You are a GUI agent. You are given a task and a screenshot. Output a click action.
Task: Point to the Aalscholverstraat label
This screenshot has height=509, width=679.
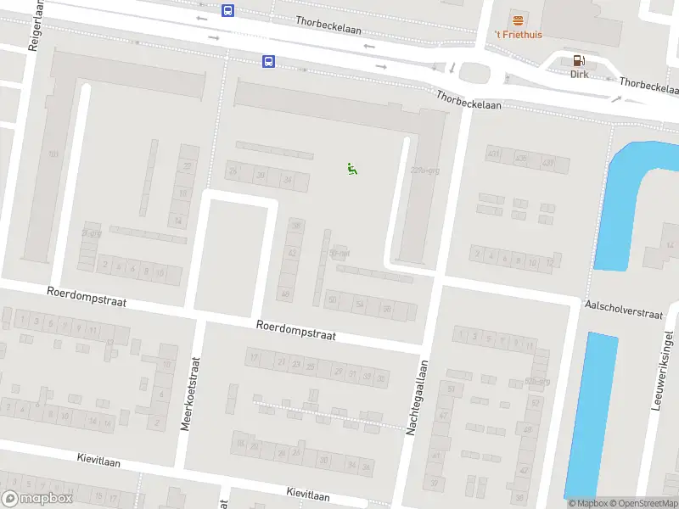click(622, 308)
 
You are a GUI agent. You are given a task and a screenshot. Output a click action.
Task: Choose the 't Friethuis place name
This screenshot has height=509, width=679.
click(519, 35)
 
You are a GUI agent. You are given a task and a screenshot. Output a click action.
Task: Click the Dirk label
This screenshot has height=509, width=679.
click(580, 74)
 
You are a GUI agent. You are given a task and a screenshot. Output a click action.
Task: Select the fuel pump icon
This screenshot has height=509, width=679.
click(580, 60)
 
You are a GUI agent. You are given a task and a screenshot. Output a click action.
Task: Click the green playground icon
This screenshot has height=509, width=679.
click(352, 169)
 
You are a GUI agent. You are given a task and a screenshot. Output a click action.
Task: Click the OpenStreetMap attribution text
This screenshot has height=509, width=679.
click(643, 504)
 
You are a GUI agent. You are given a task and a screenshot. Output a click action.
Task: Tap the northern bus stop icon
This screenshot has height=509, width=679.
click(227, 10)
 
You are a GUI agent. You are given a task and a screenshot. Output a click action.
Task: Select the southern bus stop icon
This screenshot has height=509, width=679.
click(268, 61)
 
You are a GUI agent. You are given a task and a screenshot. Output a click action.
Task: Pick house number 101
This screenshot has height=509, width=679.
click(54, 154)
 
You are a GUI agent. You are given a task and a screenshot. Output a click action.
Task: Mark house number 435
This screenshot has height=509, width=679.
click(520, 159)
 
